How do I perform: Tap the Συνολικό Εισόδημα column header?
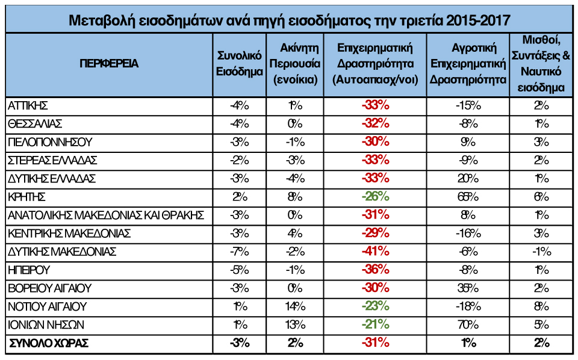tap(239, 64)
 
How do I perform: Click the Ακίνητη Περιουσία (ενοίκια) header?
tap(294, 64)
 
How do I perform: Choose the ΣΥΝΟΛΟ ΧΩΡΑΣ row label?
tap(48, 344)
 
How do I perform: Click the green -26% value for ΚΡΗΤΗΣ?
tap(376, 197)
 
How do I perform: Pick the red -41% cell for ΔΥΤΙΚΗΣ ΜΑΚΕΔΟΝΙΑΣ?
tap(376, 252)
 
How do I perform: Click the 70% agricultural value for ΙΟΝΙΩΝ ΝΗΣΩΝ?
tap(468, 325)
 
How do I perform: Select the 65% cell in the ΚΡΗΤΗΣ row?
tap(468, 197)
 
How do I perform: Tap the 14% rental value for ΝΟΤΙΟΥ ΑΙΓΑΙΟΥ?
tap(294, 306)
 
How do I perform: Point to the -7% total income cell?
tap(239, 252)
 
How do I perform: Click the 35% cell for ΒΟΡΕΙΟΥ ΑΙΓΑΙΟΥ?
tap(468, 288)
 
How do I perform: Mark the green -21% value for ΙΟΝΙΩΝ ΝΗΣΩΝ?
tap(376, 325)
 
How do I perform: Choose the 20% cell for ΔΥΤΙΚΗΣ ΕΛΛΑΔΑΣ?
tap(468, 179)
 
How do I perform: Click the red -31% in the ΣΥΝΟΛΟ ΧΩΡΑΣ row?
tap(376, 344)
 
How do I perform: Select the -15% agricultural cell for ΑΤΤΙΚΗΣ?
tap(468, 105)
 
